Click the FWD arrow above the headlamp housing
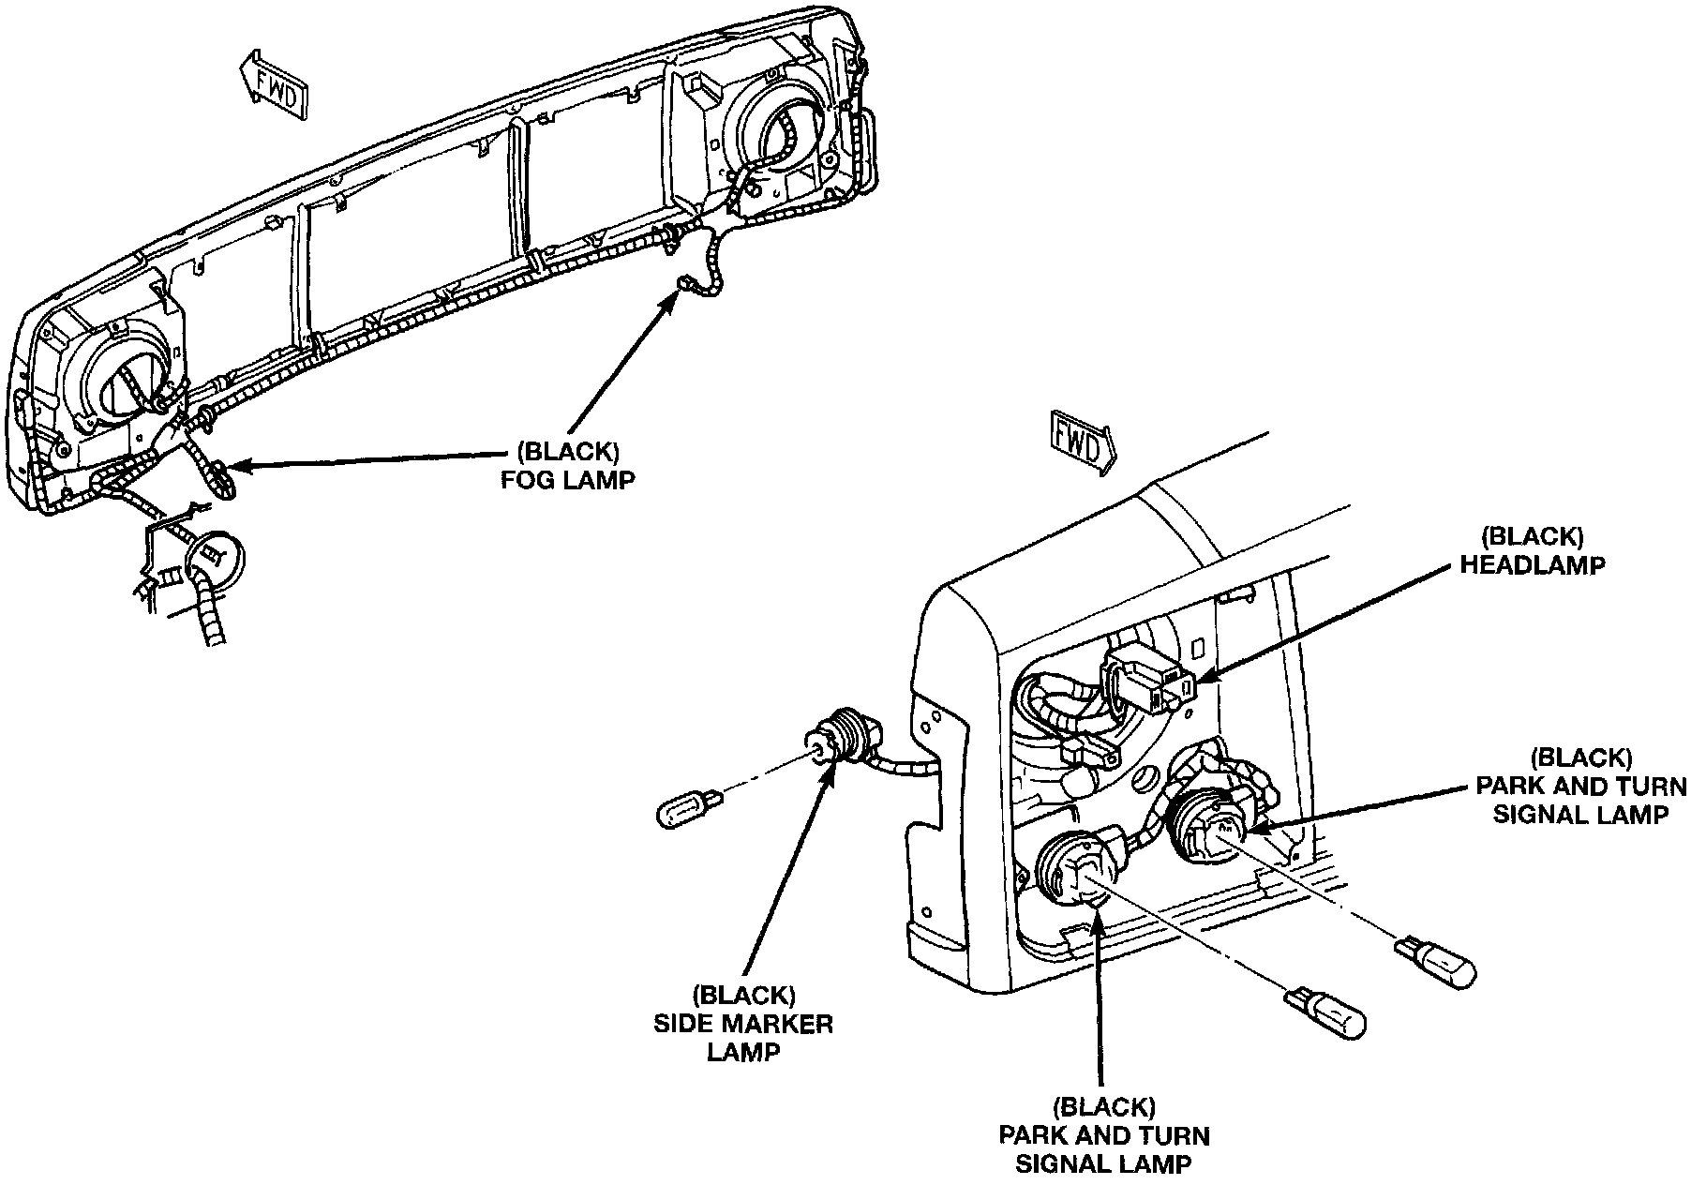pos(1080,443)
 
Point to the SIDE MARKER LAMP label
pos(742,1023)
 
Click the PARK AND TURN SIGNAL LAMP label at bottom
pos(1104,1136)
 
